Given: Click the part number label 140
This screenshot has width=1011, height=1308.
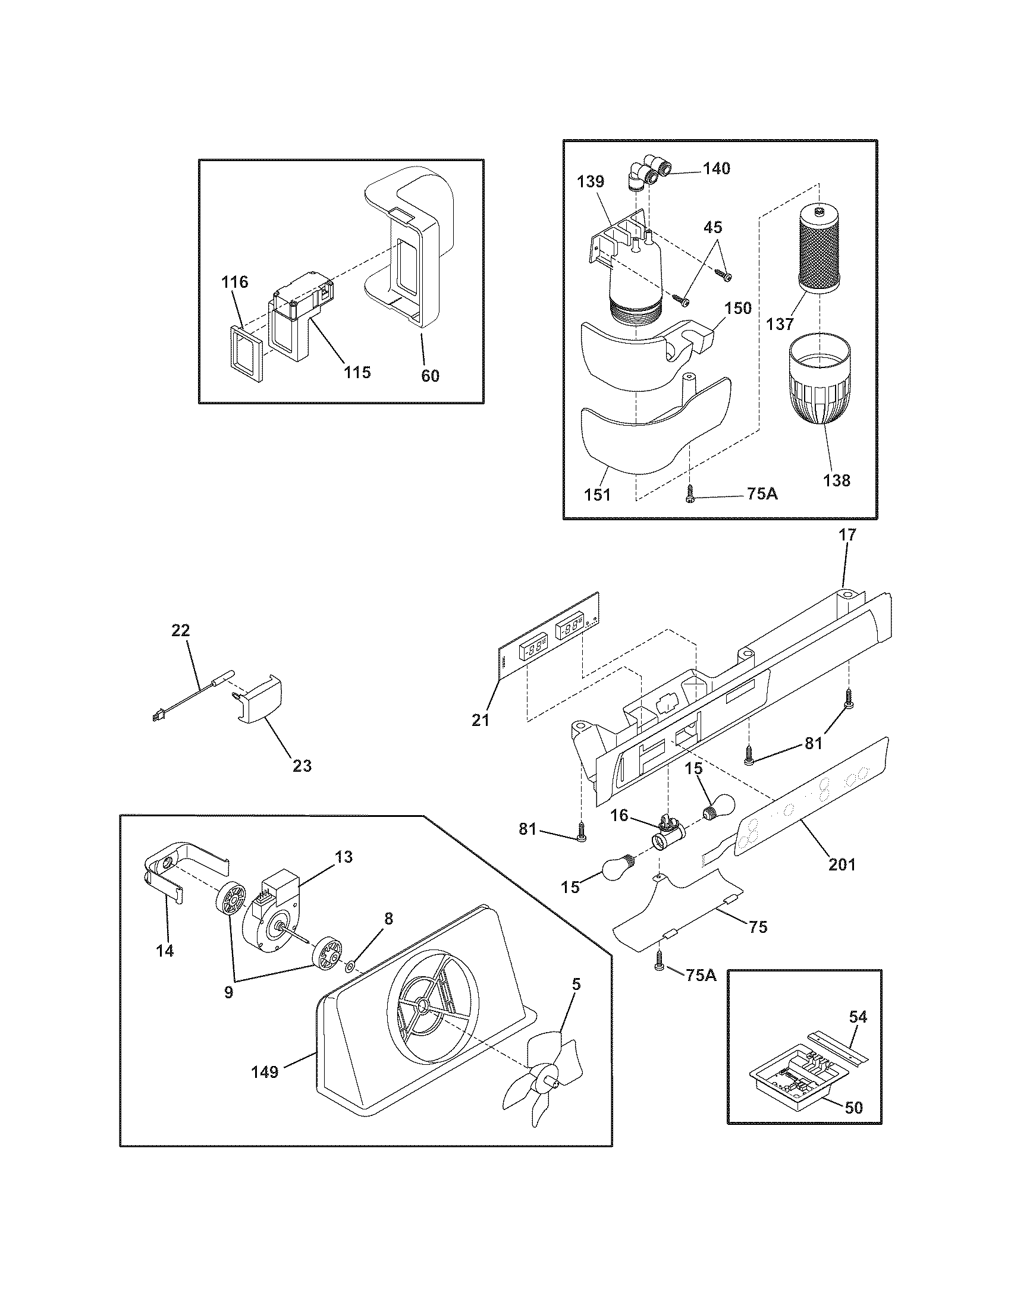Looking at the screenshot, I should pos(717,169).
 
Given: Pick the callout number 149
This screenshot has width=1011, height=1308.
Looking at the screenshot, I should pos(265,1071).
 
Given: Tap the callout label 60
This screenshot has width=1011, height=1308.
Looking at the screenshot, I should pos(430,376).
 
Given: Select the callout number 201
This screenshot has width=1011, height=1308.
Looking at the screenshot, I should pos(842,864).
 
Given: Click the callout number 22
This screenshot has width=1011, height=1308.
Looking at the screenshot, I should pos(180,630).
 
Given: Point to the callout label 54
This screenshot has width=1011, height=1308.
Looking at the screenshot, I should pos(858,1016).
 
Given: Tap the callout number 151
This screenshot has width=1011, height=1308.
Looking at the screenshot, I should pos(597,495).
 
